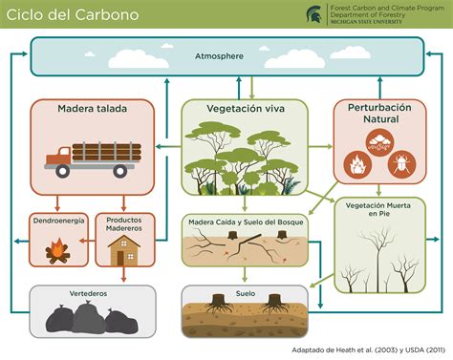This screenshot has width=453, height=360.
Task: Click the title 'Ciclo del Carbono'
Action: click(73, 15)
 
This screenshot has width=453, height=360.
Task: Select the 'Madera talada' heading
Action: click(93, 107)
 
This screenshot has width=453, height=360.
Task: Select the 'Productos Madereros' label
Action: click(124, 224)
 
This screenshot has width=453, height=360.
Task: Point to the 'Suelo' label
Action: click(246, 293)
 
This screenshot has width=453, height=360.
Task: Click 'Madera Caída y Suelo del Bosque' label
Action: click(245, 222)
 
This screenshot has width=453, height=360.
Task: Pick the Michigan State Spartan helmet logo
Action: click(313, 13)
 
